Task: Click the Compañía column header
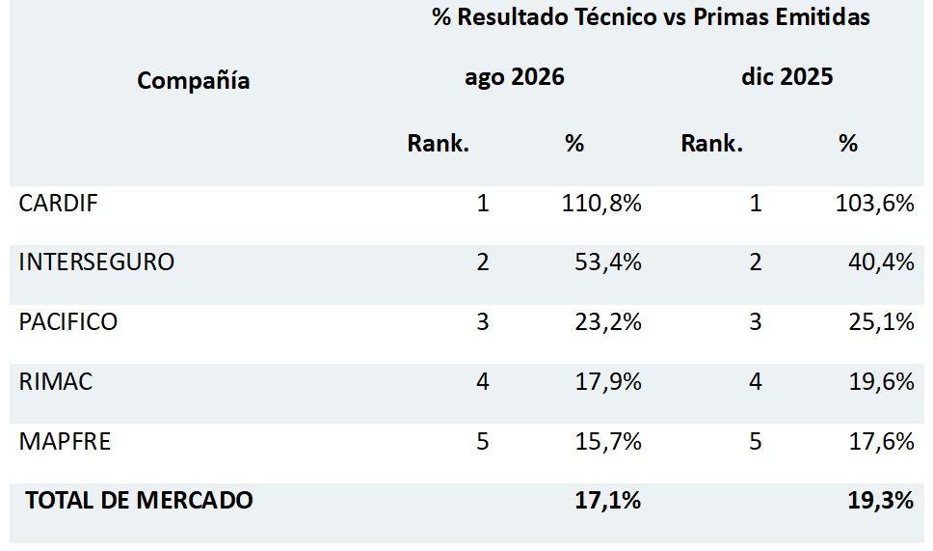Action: (194, 80)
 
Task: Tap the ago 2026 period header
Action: (515, 77)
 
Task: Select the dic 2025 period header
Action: (787, 76)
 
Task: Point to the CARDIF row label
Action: (58, 203)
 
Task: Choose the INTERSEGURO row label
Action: (96, 262)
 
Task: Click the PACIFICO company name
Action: (67, 321)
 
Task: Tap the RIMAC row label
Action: (55, 381)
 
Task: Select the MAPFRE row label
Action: (65, 441)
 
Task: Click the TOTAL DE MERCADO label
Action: (139, 500)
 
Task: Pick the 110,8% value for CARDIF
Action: (601, 203)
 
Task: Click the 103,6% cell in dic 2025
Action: (875, 203)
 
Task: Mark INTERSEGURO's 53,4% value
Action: (608, 262)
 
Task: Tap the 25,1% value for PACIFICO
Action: (881, 321)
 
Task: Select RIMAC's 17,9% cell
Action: (608, 381)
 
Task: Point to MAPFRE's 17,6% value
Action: (881, 441)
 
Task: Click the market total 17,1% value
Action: (607, 500)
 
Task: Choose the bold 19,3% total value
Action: (881, 500)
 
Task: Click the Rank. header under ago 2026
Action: (438, 143)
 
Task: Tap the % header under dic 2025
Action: (848, 143)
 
